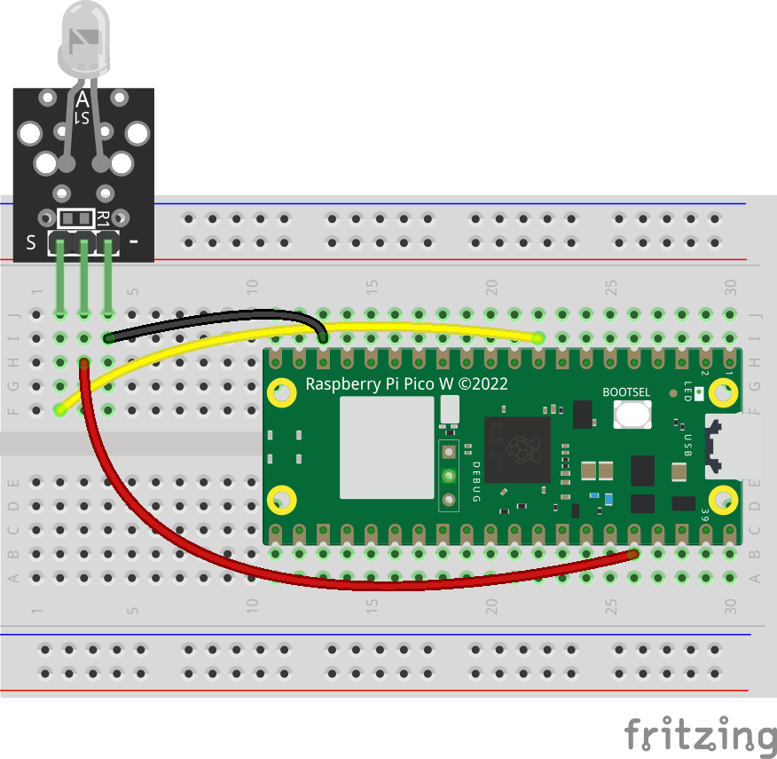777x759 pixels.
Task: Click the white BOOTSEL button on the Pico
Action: [x=632, y=414]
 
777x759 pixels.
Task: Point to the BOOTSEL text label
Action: [x=626, y=391]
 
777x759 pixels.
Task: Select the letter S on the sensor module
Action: [x=31, y=242]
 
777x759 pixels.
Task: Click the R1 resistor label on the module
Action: [x=103, y=217]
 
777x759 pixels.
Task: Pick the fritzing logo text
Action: [x=698, y=734]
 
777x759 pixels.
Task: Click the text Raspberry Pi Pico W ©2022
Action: [x=406, y=383]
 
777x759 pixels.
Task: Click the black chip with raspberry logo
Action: [x=517, y=448]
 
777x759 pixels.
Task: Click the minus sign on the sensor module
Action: [x=134, y=241]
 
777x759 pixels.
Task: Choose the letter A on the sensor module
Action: [x=82, y=99]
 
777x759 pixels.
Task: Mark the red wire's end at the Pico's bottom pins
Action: [x=634, y=554]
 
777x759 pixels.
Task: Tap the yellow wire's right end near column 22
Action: [x=538, y=337]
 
